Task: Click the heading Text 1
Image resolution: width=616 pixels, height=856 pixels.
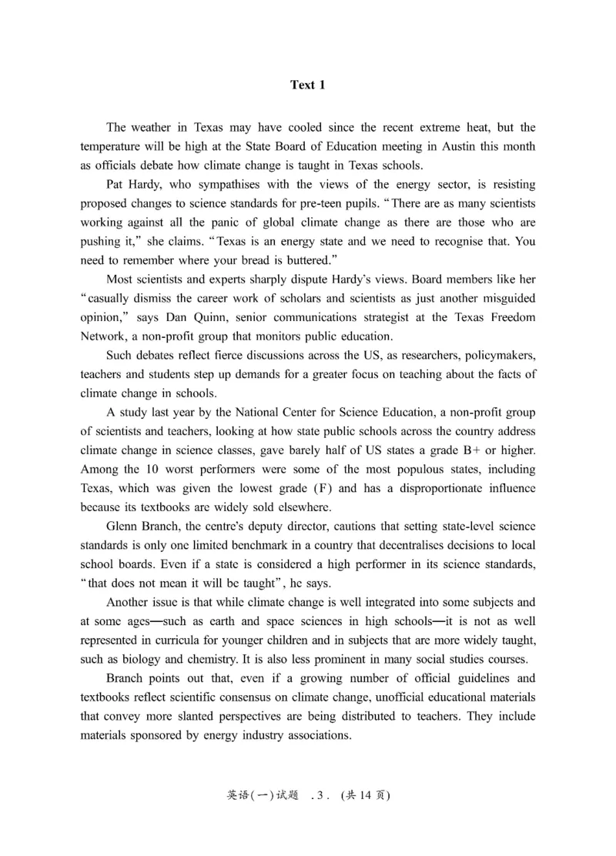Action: pyautogui.click(x=307, y=85)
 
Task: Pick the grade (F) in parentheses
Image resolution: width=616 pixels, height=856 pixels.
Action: pyautogui.click(x=327, y=487)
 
